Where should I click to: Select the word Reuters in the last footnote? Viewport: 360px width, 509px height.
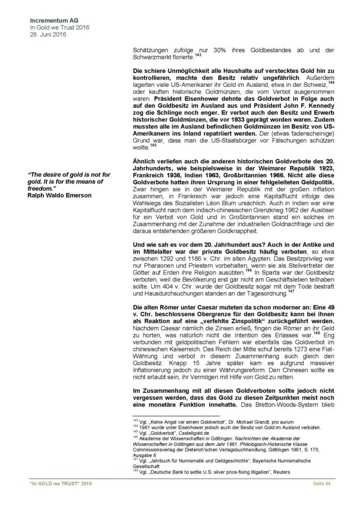pyautogui.click(x=279, y=473)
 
